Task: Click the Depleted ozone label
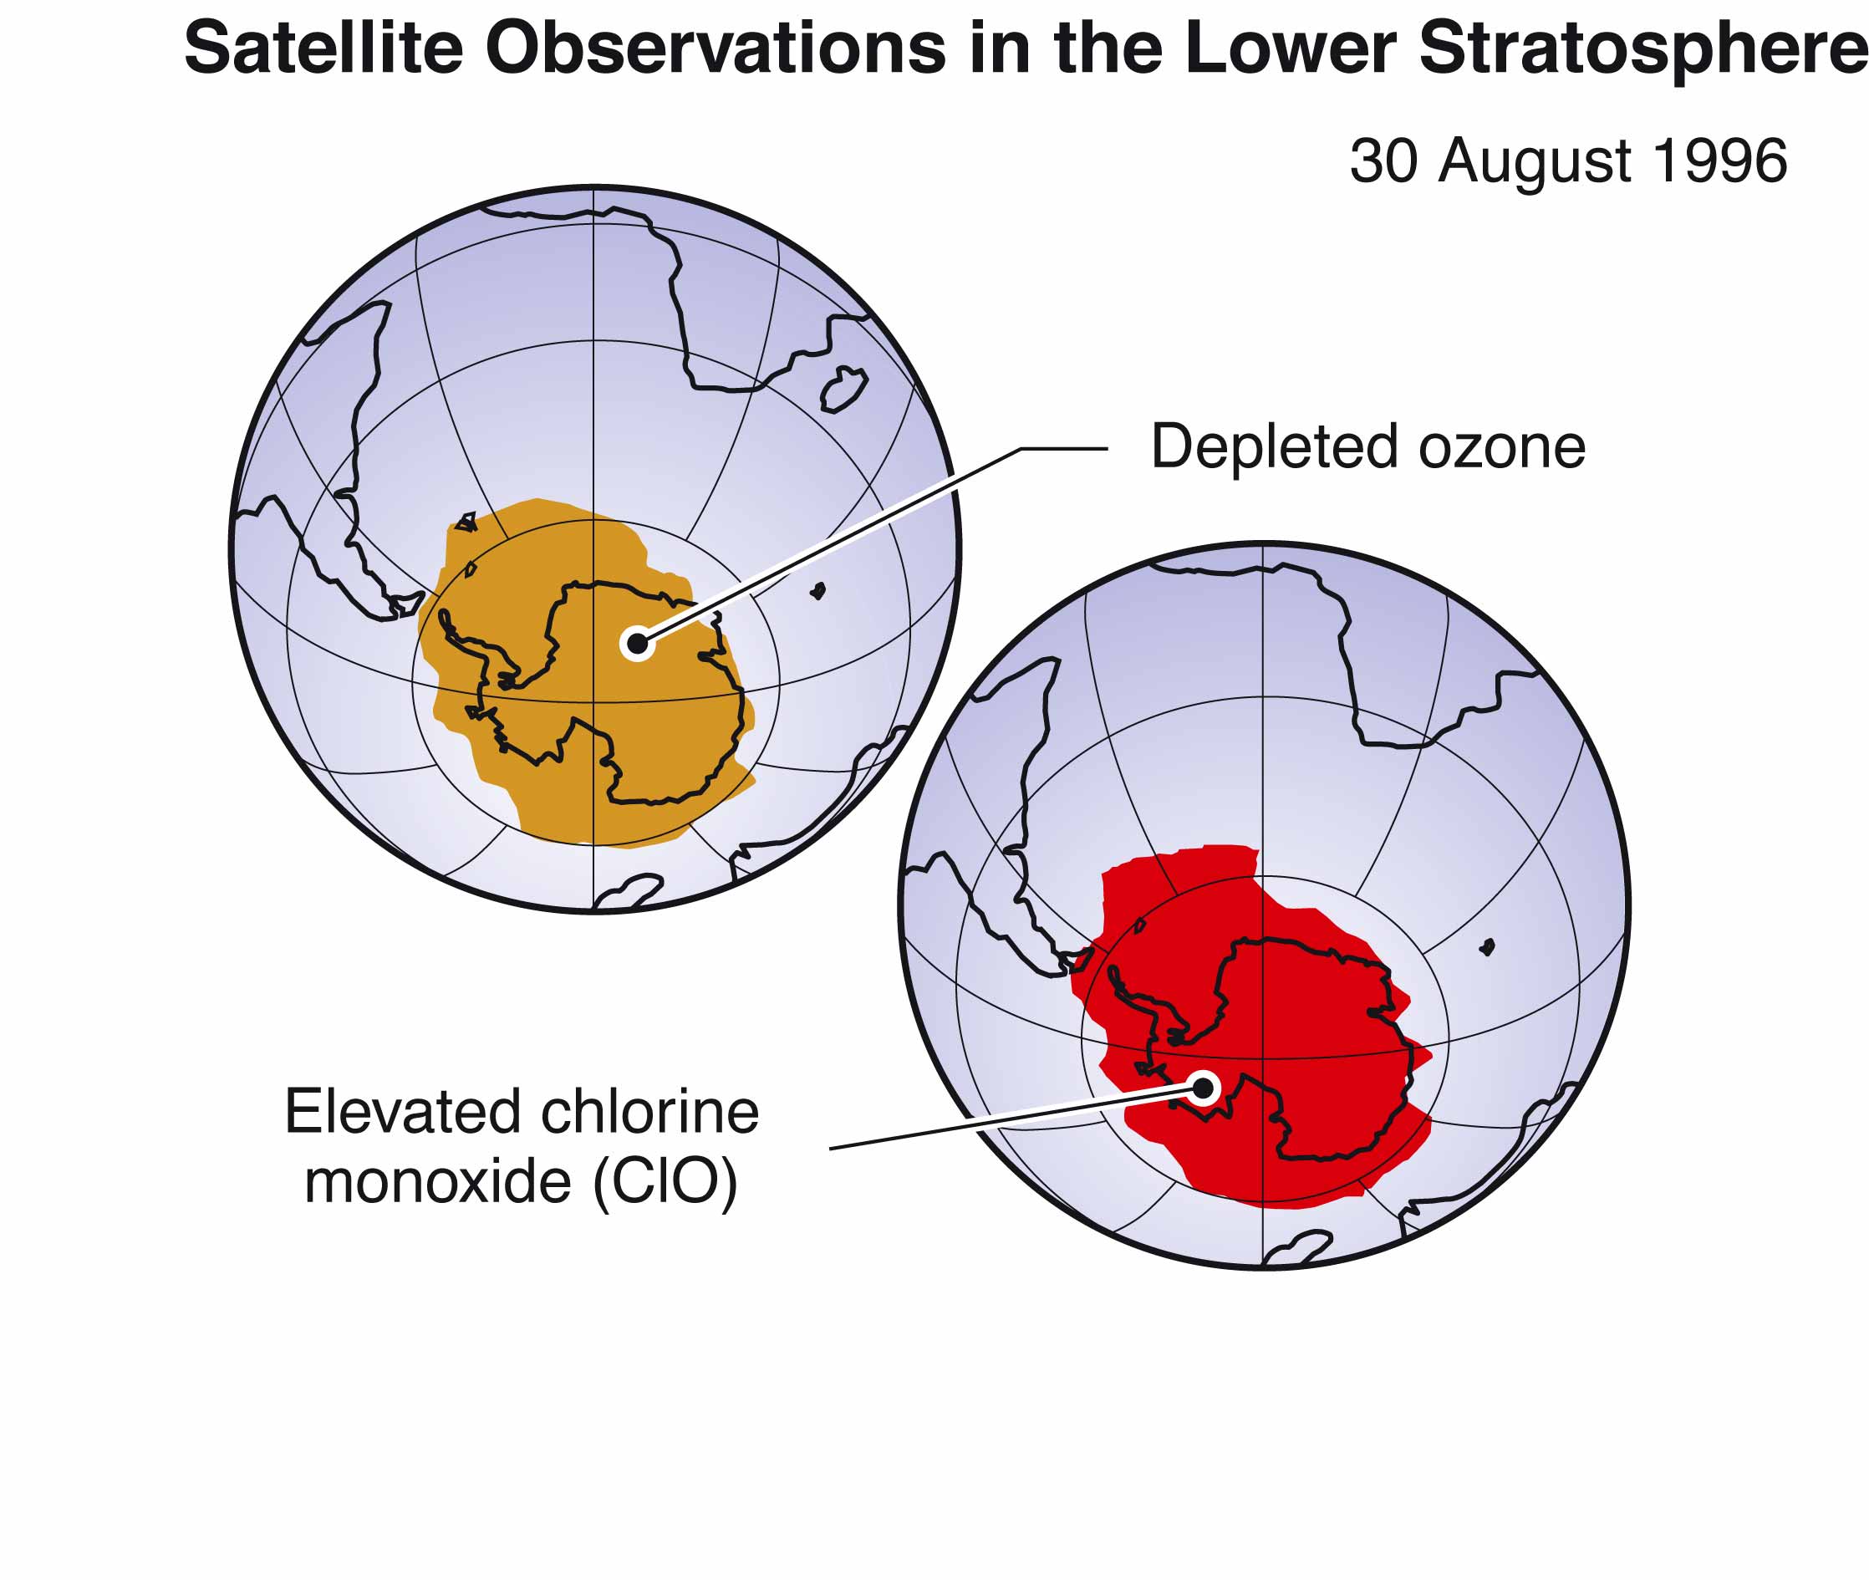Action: pyautogui.click(x=1367, y=448)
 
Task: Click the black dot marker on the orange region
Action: pyautogui.click(x=637, y=643)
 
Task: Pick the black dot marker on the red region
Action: pyautogui.click(x=1204, y=1088)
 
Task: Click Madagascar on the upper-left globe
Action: pyautogui.click(x=843, y=390)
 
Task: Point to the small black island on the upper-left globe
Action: pyautogui.click(x=817, y=591)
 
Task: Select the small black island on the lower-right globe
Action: pyautogui.click(x=1488, y=946)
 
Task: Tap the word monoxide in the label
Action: pyautogui.click(x=438, y=1182)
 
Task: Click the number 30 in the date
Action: pyautogui.click(x=1383, y=161)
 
